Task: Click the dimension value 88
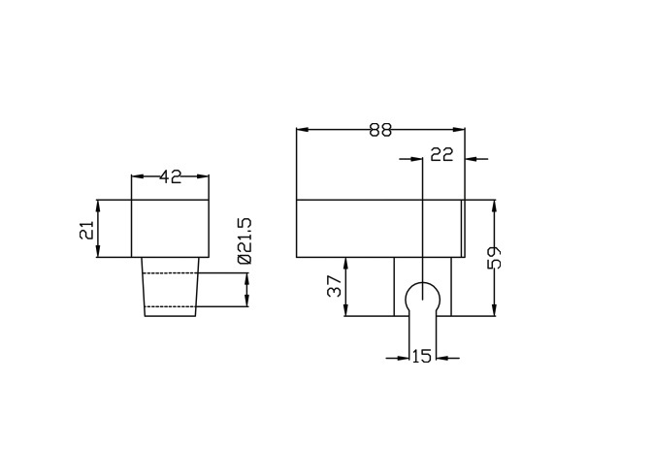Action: point(380,130)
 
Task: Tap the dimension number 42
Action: point(171,177)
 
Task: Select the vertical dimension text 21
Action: point(87,230)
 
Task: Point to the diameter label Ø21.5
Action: point(245,240)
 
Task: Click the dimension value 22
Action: point(441,154)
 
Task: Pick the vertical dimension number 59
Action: point(495,258)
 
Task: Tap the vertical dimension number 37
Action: point(335,286)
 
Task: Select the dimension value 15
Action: point(422,356)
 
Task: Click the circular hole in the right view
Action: point(423,282)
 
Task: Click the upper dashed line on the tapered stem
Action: point(171,273)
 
